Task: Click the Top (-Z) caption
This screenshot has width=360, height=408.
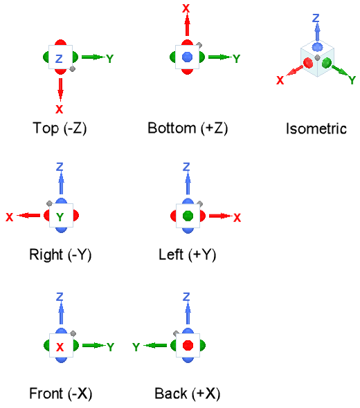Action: [60, 129]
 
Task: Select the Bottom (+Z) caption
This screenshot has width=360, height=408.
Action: [188, 129]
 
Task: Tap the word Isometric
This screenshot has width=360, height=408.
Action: [316, 129]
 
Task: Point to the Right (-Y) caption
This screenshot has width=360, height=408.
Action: [60, 254]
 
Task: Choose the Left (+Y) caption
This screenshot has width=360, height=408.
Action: [188, 254]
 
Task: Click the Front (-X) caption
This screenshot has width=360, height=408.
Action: [61, 393]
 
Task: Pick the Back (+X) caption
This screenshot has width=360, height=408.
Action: [188, 393]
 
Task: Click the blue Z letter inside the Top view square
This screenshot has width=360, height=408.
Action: [59, 59]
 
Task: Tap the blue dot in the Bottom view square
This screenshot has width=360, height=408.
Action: [188, 57]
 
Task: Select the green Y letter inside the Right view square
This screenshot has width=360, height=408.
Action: [60, 216]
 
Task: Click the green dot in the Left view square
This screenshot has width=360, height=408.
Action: [188, 216]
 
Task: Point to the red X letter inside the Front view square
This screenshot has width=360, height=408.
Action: [60, 347]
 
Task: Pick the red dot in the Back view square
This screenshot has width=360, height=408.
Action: [188, 345]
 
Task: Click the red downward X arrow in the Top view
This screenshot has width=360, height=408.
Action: [60, 90]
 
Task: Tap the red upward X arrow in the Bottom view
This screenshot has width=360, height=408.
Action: [187, 25]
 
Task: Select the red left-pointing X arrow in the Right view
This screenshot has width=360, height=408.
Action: [28, 216]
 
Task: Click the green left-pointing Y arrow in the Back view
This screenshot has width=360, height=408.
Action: [155, 346]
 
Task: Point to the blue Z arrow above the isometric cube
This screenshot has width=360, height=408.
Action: [317, 32]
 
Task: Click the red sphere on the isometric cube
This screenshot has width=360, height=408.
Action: [308, 63]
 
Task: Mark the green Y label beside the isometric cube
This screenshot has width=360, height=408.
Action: [352, 80]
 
